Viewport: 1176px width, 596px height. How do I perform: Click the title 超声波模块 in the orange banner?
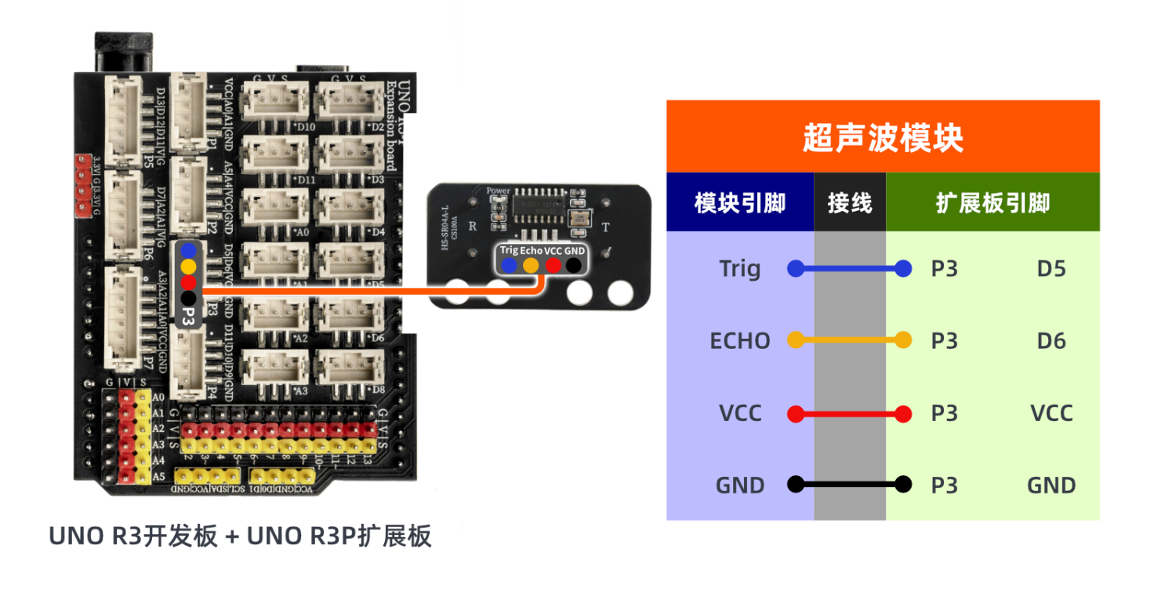(883, 139)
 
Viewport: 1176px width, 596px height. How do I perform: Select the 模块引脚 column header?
(740, 203)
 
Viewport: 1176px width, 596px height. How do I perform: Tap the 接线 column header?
(850, 203)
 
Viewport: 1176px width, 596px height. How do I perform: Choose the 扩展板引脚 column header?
(993, 203)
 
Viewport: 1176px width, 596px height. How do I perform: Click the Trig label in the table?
(740, 269)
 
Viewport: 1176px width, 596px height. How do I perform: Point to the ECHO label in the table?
(740, 341)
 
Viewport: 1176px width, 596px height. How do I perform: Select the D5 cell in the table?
(1051, 269)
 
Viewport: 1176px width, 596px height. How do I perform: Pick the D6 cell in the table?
(1051, 341)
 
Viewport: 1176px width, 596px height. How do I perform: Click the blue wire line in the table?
(850, 269)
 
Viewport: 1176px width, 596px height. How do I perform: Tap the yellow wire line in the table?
(850, 340)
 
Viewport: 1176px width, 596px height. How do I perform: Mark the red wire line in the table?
(850, 413)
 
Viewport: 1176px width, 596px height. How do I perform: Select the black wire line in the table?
(850, 484)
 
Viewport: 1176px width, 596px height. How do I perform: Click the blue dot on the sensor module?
(510, 266)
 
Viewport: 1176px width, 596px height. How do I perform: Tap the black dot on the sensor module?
(574, 266)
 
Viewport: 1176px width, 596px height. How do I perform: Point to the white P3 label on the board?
(188, 315)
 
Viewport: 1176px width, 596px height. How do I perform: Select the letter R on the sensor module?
(473, 226)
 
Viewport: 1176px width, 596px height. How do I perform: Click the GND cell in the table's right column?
(1051, 485)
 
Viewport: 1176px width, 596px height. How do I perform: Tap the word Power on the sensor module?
(498, 191)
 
